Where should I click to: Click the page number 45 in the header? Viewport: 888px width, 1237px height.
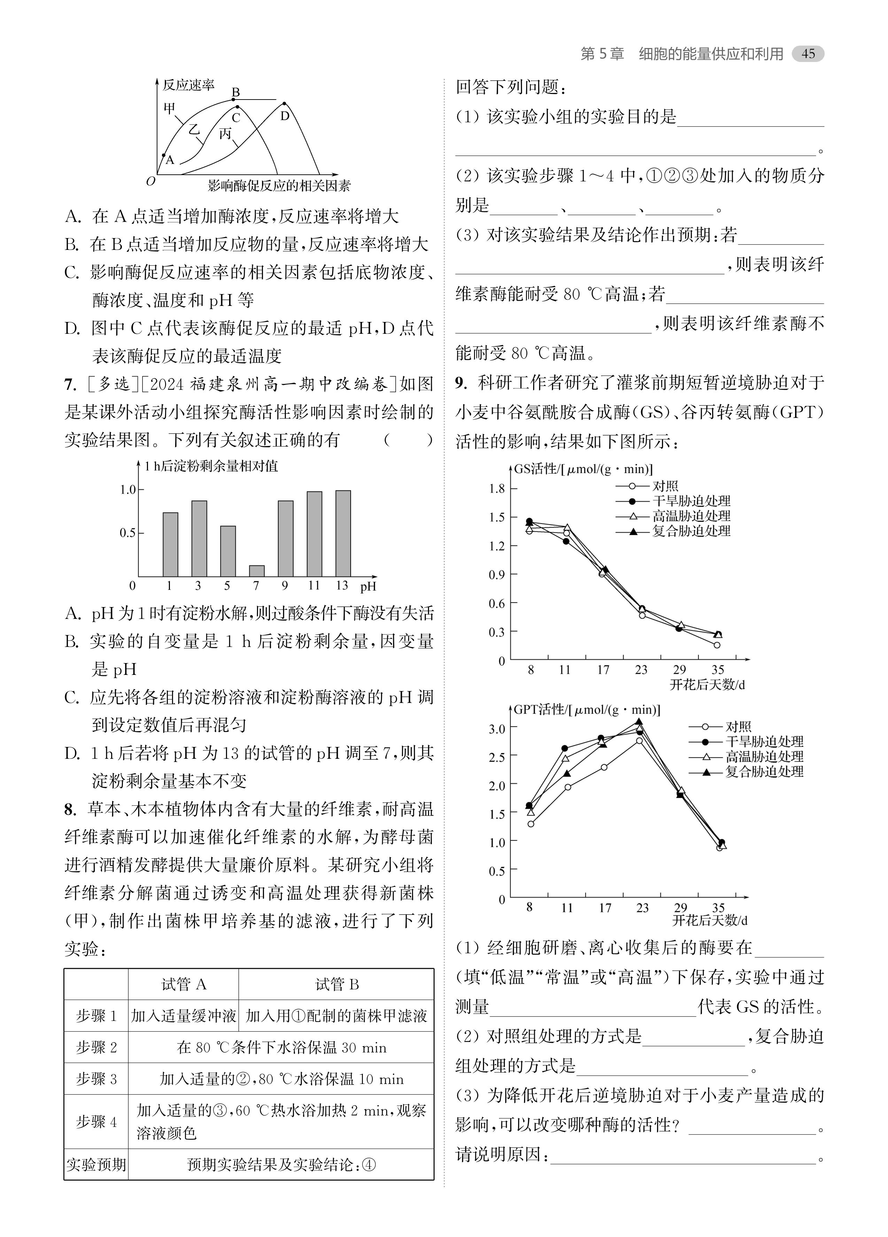coord(808,54)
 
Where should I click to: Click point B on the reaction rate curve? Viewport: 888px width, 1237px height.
coord(234,100)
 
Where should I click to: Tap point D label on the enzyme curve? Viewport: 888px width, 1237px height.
coord(285,116)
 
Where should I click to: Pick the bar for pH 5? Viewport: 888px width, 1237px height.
coord(228,551)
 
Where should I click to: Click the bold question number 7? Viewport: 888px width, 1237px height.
coord(70,385)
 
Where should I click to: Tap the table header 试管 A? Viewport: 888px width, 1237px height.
coord(184,984)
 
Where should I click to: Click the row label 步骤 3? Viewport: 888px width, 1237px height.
coord(96,1079)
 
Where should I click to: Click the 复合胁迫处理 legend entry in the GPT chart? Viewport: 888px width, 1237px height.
coord(764,772)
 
